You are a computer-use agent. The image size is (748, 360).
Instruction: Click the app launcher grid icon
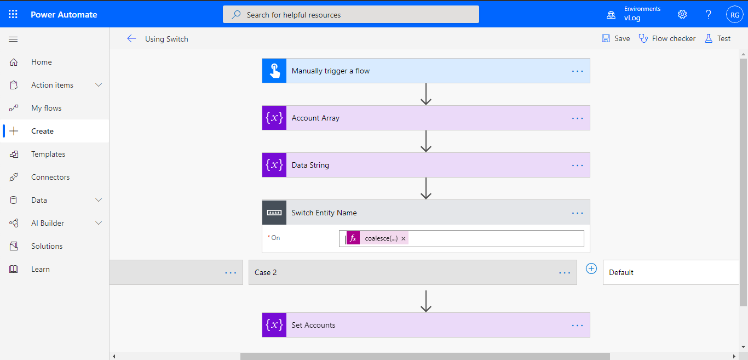[x=13, y=14]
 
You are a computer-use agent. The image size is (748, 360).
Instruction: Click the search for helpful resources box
[x=350, y=15]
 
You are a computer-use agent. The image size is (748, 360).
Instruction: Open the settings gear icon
[x=682, y=14]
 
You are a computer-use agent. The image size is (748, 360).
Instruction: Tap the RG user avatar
[x=734, y=15]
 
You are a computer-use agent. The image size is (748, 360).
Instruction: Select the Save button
[x=616, y=38]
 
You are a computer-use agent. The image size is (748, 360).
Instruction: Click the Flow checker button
[x=667, y=38]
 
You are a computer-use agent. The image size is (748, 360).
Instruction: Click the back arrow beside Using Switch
[x=131, y=38]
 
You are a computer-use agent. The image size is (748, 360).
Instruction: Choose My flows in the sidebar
[x=46, y=108]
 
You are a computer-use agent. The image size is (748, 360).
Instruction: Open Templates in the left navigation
[x=48, y=154]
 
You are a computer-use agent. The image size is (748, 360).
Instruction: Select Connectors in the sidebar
[x=50, y=177]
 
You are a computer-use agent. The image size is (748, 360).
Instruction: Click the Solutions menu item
[x=47, y=246]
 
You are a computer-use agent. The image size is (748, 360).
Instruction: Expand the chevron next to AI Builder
[x=99, y=223]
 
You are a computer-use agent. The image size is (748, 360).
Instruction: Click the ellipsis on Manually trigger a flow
[x=577, y=71]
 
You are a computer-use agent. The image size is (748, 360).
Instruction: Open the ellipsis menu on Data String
[x=577, y=165]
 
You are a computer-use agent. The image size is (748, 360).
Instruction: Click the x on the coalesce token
[x=404, y=238]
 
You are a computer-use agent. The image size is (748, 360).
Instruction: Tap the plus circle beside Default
[x=591, y=268]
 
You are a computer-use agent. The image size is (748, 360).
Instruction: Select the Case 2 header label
[x=266, y=272]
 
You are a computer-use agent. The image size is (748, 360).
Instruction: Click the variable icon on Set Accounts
[x=274, y=325]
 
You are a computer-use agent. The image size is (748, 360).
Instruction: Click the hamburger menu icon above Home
[x=14, y=39]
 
